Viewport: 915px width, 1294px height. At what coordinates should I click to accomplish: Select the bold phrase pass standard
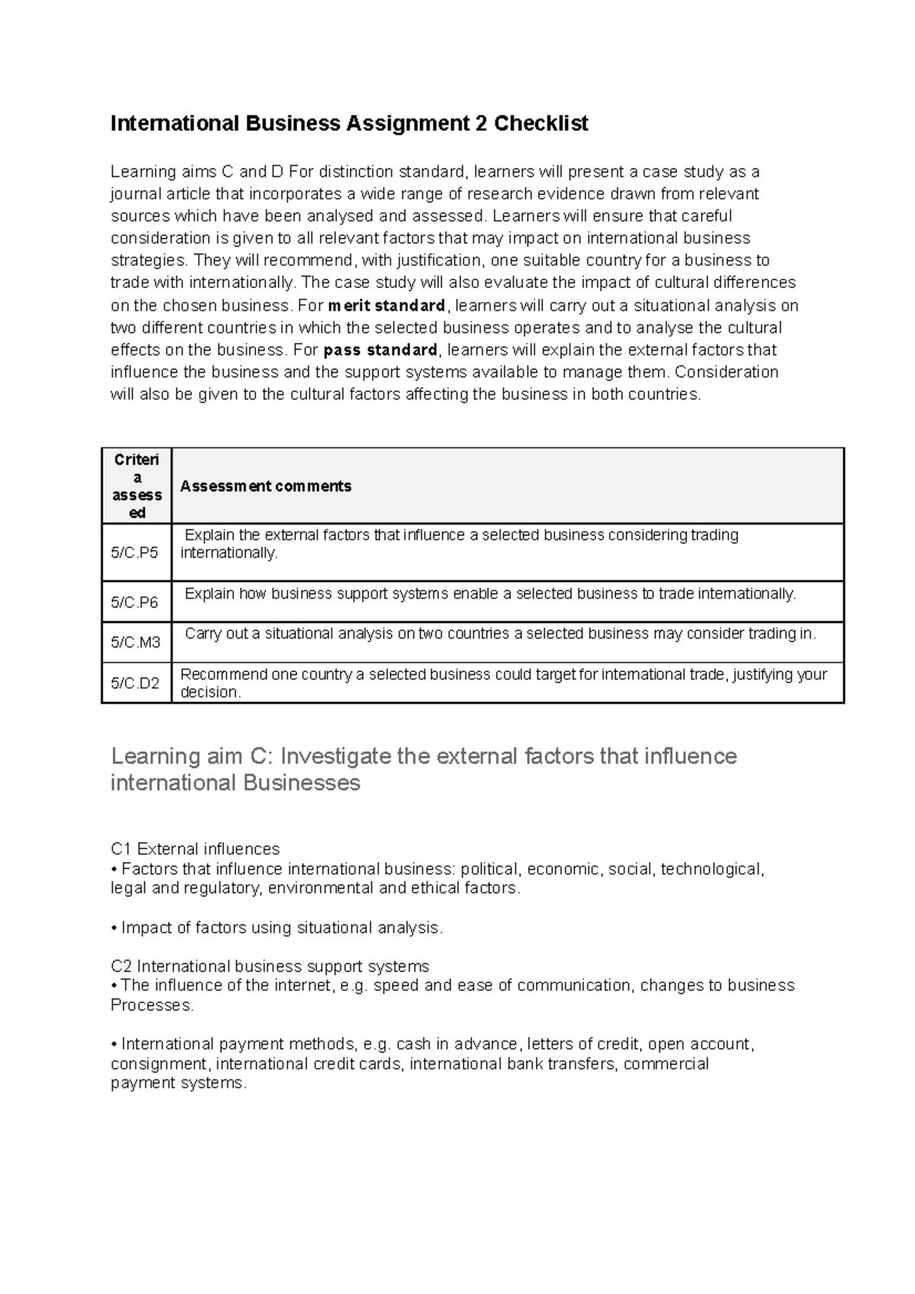[380, 351]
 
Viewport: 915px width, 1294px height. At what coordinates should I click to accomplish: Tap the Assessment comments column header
[265, 486]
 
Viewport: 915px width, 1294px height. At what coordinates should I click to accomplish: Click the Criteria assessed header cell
[137, 486]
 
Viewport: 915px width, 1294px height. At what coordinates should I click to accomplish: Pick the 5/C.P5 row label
[135, 553]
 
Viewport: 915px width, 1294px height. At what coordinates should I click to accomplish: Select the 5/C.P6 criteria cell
[135, 602]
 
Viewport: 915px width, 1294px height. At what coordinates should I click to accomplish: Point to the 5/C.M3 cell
[136, 642]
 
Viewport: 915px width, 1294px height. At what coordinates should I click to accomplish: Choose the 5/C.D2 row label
[135, 683]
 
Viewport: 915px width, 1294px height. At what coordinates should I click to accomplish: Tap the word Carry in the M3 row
[202, 633]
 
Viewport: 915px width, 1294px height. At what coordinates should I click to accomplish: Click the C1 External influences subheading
[195, 849]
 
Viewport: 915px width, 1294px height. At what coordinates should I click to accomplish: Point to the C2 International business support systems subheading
[270, 966]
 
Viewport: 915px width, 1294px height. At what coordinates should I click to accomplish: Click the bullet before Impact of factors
[114, 928]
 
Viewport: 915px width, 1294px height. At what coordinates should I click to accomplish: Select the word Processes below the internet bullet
[150, 1005]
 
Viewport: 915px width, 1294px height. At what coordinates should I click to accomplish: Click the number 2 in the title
[480, 123]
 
